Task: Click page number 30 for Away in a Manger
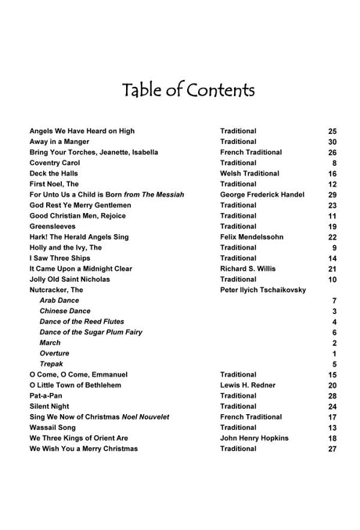[x=332, y=141]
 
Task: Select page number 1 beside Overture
[x=334, y=353]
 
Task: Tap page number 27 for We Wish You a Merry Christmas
[x=332, y=449]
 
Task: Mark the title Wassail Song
[x=55, y=427]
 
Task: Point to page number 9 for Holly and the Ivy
[x=334, y=247]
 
